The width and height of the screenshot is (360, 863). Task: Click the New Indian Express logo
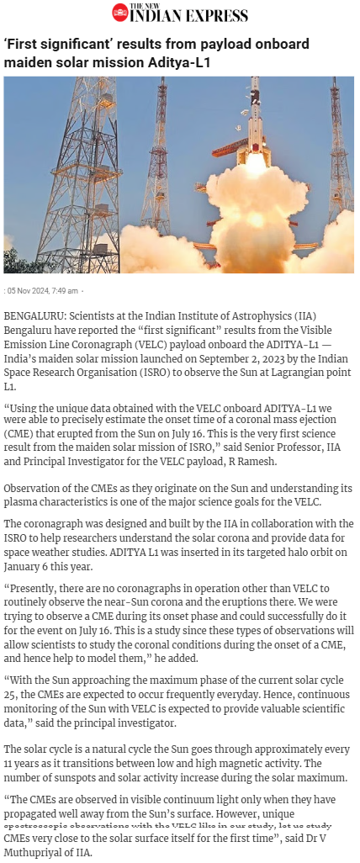180,13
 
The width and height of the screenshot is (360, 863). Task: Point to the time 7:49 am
66,291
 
